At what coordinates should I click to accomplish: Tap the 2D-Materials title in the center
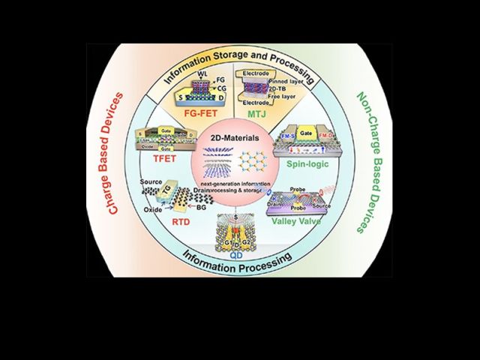coord(235,139)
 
